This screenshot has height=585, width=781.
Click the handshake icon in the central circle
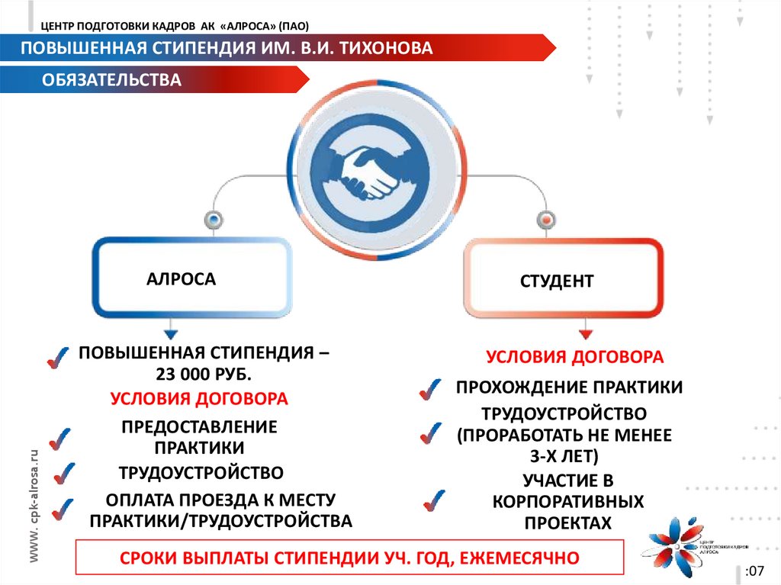370,172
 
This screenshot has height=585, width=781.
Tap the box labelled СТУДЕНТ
563,279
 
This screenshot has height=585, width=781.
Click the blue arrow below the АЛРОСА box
170,333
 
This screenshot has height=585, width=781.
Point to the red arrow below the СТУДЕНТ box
585,333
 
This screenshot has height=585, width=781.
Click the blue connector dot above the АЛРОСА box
213,220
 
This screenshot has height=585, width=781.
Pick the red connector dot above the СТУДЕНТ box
545,220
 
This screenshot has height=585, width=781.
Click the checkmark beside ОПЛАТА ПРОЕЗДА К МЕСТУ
61,508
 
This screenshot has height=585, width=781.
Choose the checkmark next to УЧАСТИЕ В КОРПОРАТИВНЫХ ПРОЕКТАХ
433,500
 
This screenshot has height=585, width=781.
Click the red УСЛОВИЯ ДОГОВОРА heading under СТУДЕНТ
575,357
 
